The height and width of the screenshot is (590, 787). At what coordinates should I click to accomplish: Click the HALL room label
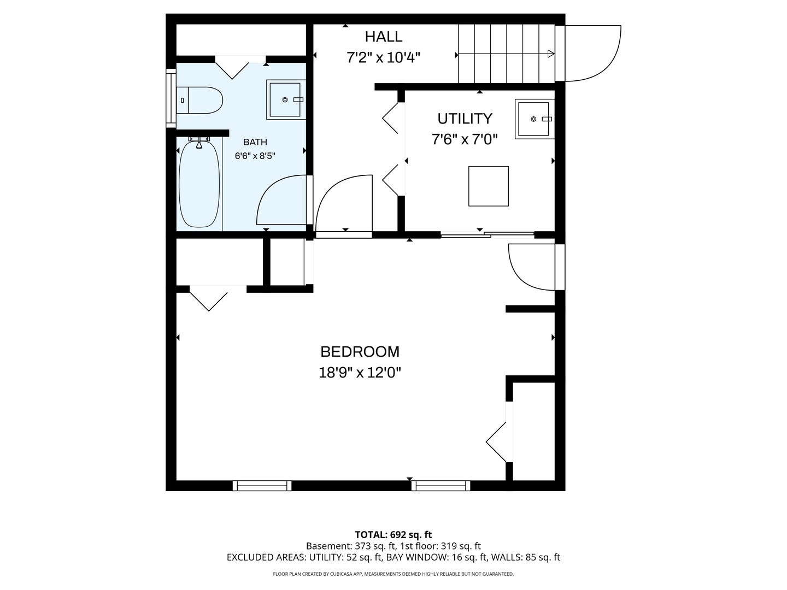tap(383, 37)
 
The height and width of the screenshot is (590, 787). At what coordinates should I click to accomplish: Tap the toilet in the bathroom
tap(199, 101)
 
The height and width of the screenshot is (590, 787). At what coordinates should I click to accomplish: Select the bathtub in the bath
tap(199, 183)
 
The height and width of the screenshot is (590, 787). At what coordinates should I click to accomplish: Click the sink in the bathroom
tap(286, 99)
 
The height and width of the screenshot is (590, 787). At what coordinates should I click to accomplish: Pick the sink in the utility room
tap(534, 119)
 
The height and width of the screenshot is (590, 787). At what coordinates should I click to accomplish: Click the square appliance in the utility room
tap(489, 186)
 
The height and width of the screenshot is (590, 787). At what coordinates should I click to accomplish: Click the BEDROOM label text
tap(360, 352)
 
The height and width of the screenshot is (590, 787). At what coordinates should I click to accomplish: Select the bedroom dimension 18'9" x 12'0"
tap(360, 373)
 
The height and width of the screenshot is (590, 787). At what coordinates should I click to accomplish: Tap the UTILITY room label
tap(465, 119)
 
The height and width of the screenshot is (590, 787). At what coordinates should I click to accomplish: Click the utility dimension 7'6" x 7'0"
tap(465, 139)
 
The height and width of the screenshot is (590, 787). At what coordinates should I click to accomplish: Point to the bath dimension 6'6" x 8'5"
tap(255, 156)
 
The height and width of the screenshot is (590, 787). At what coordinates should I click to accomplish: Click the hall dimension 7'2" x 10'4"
tap(383, 57)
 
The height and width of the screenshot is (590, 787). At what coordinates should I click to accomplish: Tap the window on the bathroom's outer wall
tap(171, 98)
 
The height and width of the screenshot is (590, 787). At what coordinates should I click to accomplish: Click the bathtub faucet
tap(199, 142)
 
